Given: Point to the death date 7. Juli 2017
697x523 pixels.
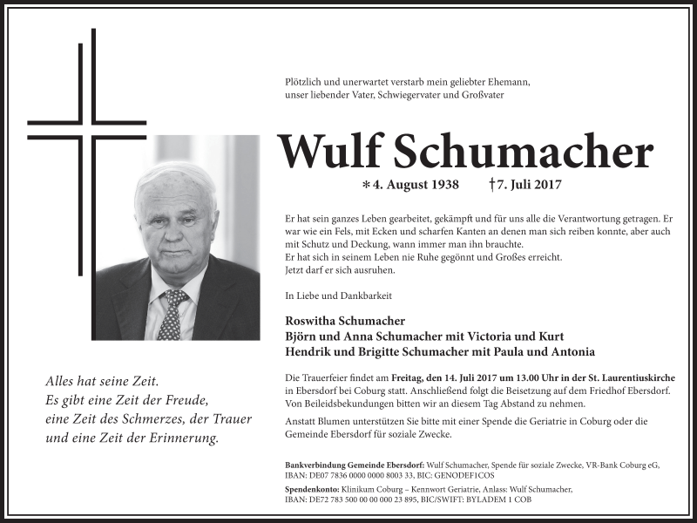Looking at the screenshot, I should (x=530, y=185).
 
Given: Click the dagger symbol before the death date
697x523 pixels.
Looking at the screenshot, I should (x=492, y=185).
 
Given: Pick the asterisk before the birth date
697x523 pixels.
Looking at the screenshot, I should (x=366, y=186).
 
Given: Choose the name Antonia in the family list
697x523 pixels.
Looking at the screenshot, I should (x=571, y=352).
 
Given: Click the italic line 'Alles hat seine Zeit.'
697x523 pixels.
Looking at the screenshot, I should (x=102, y=381).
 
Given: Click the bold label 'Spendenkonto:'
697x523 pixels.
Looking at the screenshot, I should (x=311, y=490).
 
